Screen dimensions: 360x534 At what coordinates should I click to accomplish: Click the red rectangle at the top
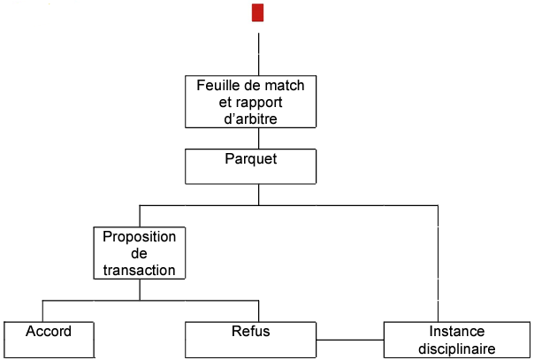click(257, 12)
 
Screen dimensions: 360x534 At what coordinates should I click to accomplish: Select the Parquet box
click(249, 165)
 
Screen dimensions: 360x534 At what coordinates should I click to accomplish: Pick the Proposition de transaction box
click(139, 254)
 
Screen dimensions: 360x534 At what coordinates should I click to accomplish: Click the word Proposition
click(140, 237)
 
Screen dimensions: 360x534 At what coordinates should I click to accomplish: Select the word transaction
click(140, 270)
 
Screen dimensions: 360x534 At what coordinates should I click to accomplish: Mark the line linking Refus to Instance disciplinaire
click(351, 339)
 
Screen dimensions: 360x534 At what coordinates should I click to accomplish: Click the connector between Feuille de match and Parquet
click(258, 138)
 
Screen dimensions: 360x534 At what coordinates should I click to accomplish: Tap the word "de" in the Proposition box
click(140, 254)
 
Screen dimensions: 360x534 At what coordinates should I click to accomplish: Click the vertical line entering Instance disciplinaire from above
click(438, 265)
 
